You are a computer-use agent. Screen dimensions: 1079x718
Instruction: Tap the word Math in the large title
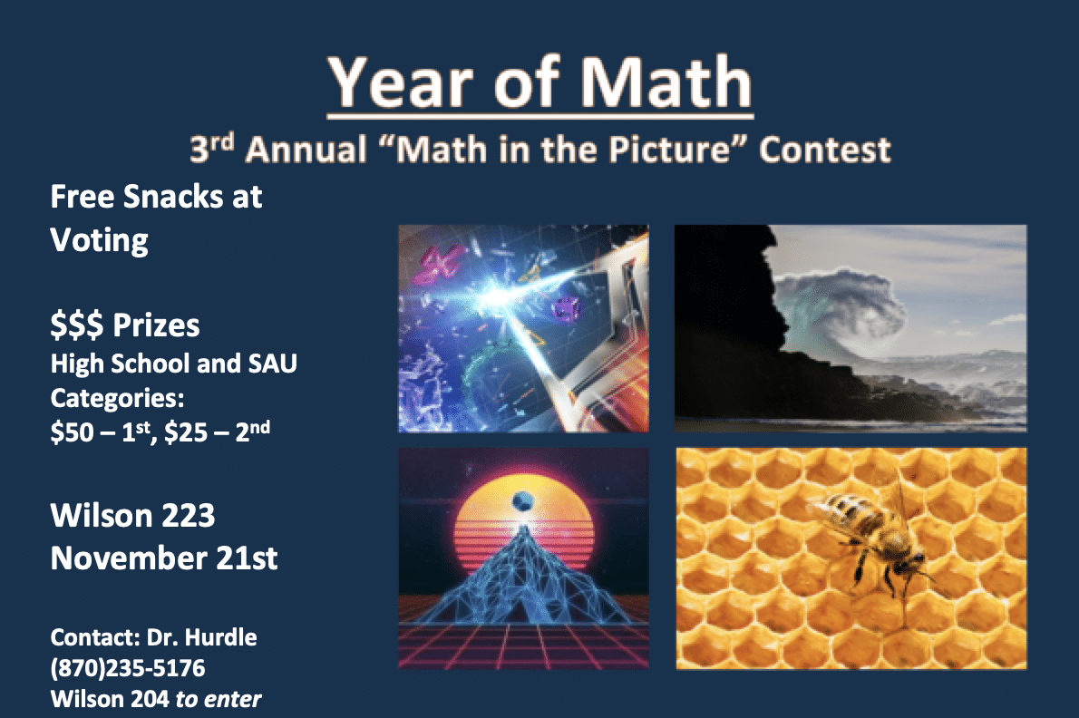(x=666, y=82)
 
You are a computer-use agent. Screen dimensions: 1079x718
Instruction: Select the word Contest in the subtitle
(x=824, y=150)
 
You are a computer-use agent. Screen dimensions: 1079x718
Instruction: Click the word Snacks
(x=172, y=197)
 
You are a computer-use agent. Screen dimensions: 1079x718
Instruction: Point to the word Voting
(x=99, y=241)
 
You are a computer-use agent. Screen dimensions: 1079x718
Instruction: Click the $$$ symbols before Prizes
(x=77, y=325)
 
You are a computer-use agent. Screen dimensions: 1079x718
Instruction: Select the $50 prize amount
(x=72, y=432)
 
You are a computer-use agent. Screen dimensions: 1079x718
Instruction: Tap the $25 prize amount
(x=186, y=432)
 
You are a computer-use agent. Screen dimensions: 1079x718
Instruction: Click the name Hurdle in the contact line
(x=221, y=637)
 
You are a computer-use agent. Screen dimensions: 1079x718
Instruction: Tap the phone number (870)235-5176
(x=128, y=668)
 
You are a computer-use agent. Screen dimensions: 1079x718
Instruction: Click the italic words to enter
(x=219, y=699)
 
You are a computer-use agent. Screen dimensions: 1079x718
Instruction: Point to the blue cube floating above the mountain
(x=522, y=501)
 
